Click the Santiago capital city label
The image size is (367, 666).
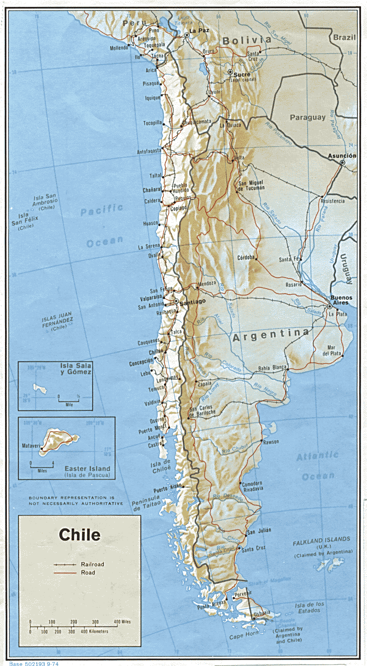coord(192,302)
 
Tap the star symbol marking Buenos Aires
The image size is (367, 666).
coord(330,306)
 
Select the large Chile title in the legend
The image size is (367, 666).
coord(80,534)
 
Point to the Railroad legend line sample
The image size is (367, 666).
coord(65,564)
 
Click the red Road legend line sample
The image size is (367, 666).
coord(65,573)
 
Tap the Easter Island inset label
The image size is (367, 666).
coord(87,468)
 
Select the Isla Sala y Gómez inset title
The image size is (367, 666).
coord(76,369)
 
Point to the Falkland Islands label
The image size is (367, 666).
coord(322,539)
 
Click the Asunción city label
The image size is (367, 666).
coord(342,156)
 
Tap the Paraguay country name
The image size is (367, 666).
coord(308,117)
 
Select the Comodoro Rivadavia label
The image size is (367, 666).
coord(252,486)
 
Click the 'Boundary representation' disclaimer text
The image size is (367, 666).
coord(75,500)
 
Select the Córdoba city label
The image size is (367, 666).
coord(245,258)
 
